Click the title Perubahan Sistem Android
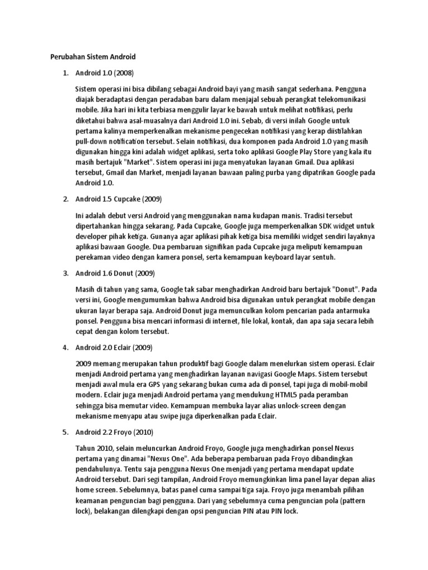(90, 57)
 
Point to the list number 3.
(65, 273)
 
